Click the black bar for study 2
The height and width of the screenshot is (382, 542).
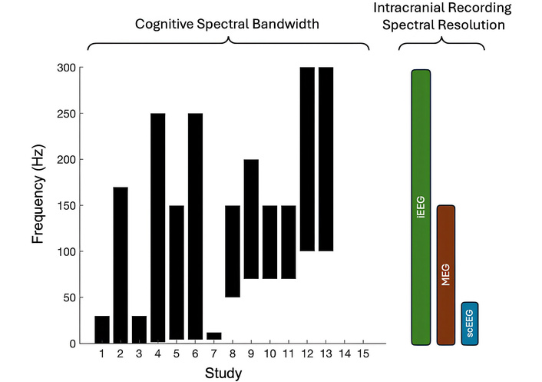[121, 264]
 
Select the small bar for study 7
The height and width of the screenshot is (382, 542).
[214, 336]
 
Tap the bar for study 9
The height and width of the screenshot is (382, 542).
[251, 219]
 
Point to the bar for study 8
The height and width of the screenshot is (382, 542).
[233, 251]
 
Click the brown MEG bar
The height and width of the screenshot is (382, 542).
[446, 274]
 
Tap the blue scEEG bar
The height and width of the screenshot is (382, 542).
[470, 323]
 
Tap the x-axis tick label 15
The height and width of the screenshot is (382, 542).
[363, 355]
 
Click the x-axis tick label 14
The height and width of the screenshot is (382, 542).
[345, 355]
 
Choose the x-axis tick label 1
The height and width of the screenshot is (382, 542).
[102, 355]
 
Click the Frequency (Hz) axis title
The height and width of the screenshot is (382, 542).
[39, 205]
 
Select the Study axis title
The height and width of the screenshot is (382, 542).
[223, 374]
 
